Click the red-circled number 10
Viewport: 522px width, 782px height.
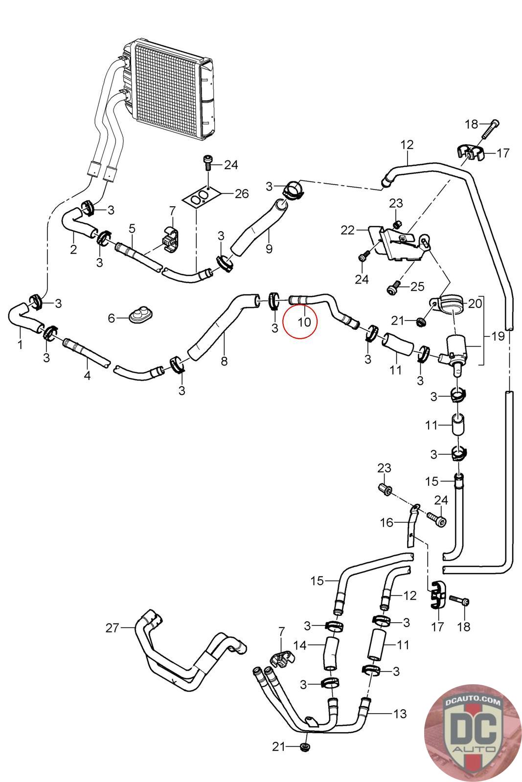coord(304,323)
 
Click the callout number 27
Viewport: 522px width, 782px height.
coord(113,628)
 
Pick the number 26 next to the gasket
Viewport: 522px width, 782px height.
coord(242,194)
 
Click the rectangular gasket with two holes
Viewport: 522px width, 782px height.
coord(199,199)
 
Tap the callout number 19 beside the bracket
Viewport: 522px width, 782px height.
coord(498,337)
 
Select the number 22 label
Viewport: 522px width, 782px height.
coord(347,230)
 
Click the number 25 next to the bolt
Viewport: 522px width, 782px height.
coord(417,286)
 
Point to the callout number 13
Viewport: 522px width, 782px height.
coord(400,714)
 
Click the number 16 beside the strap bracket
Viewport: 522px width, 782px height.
coord(386,523)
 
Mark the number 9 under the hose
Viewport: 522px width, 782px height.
coord(269,249)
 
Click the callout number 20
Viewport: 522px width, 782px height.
coord(475,304)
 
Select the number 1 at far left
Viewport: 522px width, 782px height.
coord(20,345)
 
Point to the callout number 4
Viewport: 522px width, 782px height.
coord(87,376)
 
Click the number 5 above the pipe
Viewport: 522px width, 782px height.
coord(132,228)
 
